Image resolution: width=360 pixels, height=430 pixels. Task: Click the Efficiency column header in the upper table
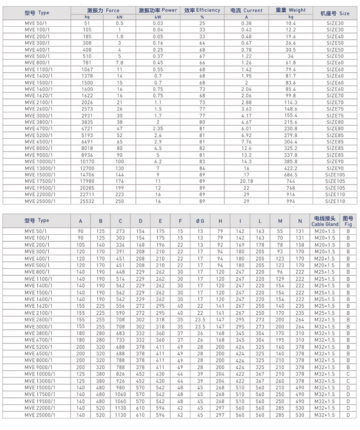pos(202,10)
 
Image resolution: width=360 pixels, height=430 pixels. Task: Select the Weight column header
pos(291,10)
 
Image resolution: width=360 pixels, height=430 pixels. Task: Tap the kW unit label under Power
pos(158,17)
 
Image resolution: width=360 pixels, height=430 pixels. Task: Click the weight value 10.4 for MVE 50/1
pos(291,23)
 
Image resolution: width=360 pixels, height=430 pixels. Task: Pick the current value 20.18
pos(246,181)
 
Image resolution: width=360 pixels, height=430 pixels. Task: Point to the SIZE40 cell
pos(335,36)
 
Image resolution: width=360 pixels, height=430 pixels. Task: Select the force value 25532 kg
pos(87,201)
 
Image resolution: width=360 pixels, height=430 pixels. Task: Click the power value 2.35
pos(158,129)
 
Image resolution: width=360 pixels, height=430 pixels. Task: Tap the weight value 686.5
pos(291,175)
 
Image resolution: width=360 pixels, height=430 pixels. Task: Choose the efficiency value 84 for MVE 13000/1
pos(202,168)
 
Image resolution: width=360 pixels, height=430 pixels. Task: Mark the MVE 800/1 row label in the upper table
pos(36,63)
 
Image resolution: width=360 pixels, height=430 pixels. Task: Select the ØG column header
pos(200,221)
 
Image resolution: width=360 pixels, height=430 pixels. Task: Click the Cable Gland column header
pos(325,221)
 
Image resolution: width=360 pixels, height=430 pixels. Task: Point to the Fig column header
pos(348,221)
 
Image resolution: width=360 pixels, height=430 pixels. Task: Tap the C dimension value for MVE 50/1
pos(120,232)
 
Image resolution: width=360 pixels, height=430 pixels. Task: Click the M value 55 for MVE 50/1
pos(280,232)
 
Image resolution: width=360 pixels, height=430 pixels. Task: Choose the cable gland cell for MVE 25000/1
pos(325,415)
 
